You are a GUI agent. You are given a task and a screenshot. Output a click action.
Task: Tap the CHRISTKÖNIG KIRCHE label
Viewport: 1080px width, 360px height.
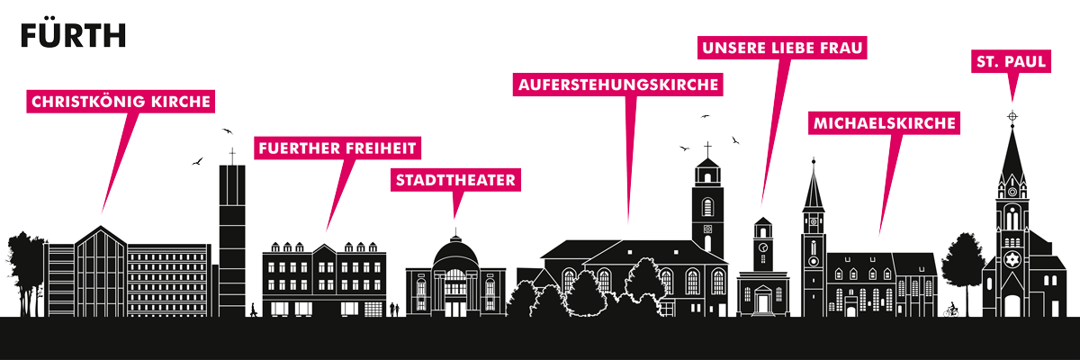pyautogui.click(x=121, y=101)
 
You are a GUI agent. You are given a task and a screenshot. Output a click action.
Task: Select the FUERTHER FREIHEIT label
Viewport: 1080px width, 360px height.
pyautogui.click(x=337, y=148)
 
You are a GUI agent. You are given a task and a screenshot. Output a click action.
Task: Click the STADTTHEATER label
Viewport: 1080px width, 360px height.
pyautogui.click(x=455, y=180)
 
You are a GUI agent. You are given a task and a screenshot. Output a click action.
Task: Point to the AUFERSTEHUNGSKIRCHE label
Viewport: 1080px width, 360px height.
pyautogui.click(x=618, y=85)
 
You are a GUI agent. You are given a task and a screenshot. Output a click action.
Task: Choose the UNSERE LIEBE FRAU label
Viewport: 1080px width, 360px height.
pyautogui.click(x=782, y=48)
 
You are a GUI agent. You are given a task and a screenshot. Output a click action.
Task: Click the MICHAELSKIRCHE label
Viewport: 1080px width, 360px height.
pyautogui.click(x=884, y=123)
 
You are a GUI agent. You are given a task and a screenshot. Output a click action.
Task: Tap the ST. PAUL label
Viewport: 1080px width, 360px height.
pyautogui.click(x=1011, y=61)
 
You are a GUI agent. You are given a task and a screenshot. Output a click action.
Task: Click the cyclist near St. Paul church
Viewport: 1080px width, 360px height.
pyautogui.click(x=952, y=310)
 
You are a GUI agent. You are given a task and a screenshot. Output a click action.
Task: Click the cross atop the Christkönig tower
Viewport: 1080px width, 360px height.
pyautogui.click(x=232, y=156)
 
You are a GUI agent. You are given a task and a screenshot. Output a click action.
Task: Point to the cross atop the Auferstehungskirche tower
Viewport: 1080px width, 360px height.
pyautogui.click(x=707, y=149)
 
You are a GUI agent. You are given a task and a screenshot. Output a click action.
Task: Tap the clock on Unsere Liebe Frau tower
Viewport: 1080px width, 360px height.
pyautogui.click(x=763, y=247)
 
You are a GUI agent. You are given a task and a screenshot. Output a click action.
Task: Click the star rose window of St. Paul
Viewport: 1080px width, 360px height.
pyautogui.click(x=1012, y=260)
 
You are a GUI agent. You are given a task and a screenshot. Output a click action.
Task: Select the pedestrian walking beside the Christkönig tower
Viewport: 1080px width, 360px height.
pyautogui.click(x=253, y=310)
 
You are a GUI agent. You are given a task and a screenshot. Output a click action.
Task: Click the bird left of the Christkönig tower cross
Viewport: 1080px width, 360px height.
pyautogui.click(x=197, y=161)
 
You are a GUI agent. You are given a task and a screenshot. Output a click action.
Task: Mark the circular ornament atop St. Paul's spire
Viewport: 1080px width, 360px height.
pyautogui.click(x=1012, y=116)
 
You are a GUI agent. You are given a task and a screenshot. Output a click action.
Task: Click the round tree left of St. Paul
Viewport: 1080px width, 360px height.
pyautogui.click(x=963, y=263)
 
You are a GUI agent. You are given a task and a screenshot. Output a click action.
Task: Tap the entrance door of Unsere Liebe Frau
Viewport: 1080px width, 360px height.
pyautogui.click(x=763, y=303)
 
